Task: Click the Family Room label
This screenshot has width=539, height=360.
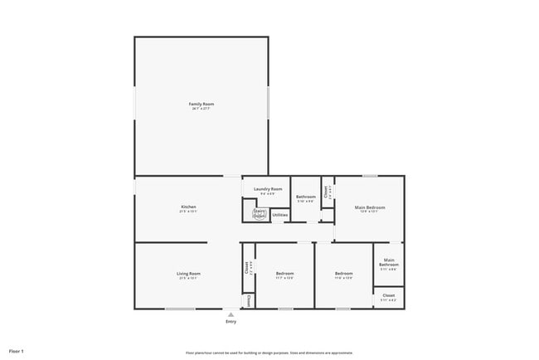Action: pos(202,104)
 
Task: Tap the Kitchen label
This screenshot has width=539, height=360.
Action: pos(188,207)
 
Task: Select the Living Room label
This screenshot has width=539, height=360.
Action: pos(188,273)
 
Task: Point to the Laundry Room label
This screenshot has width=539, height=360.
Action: pos(268,189)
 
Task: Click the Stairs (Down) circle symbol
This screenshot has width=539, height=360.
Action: pos(259,213)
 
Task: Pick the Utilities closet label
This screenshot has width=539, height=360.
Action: pos(280,215)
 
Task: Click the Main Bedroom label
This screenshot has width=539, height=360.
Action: pos(369,207)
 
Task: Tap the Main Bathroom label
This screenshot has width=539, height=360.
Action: pos(389,263)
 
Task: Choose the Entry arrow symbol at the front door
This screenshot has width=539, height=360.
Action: pos(231,314)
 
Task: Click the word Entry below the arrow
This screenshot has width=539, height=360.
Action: pos(231,322)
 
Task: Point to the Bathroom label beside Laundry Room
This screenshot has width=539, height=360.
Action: pos(305,197)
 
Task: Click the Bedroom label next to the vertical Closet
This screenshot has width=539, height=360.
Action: pos(284,273)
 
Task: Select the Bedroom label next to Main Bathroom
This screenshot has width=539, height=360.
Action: pos(343,273)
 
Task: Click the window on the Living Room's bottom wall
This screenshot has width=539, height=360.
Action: pos(180,309)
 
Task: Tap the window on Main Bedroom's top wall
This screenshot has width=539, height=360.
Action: pos(370,175)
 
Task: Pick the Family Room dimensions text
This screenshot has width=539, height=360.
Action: pos(202,109)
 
